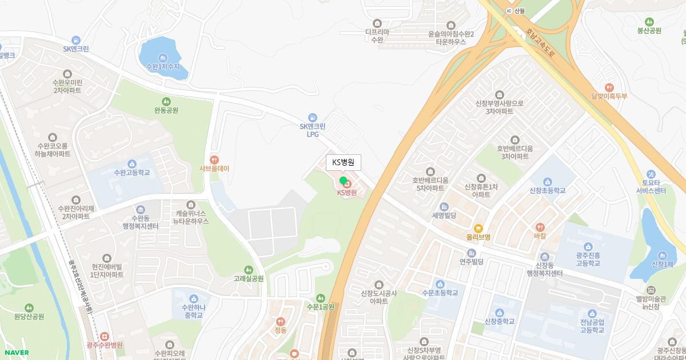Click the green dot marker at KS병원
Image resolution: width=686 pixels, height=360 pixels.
(x=343, y=181)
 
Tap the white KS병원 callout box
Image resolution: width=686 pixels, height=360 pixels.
(x=343, y=162)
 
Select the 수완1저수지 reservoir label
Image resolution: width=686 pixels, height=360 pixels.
(x=163, y=66)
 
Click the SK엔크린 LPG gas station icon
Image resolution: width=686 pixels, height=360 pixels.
(x=312, y=117)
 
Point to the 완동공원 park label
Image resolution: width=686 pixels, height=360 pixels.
(x=166, y=110)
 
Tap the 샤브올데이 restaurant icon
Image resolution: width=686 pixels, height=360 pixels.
(x=214, y=159)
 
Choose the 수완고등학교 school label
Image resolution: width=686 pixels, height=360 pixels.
(x=132, y=172)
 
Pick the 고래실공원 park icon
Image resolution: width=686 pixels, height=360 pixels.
(x=248, y=270)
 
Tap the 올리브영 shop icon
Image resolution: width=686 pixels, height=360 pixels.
(x=478, y=228)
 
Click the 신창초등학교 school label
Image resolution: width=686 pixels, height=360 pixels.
(x=547, y=190)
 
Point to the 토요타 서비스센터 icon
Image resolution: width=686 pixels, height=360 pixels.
(x=651, y=174)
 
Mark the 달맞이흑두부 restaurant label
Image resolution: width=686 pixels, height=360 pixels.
(x=609, y=96)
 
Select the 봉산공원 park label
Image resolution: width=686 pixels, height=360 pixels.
(x=649, y=31)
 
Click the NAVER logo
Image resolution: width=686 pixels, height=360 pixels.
(x=15, y=352)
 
